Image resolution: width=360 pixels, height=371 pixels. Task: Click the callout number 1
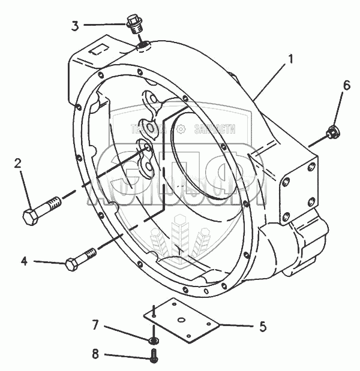[290, 59]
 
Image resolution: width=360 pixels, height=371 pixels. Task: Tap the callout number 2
[18, 163]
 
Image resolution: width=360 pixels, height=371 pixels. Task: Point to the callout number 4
[24, 261]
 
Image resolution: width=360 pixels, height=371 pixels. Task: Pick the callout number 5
[262, 327]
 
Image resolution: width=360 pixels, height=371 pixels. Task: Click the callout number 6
[346, 86]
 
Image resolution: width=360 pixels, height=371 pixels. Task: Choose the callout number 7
[95, 326]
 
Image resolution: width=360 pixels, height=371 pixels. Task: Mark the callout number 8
[95, 354]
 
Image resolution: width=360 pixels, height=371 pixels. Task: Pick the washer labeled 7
[154, 341]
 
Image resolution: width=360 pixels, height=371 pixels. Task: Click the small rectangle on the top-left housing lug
[97, 52]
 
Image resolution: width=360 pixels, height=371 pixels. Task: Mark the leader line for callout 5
[237, 326]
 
